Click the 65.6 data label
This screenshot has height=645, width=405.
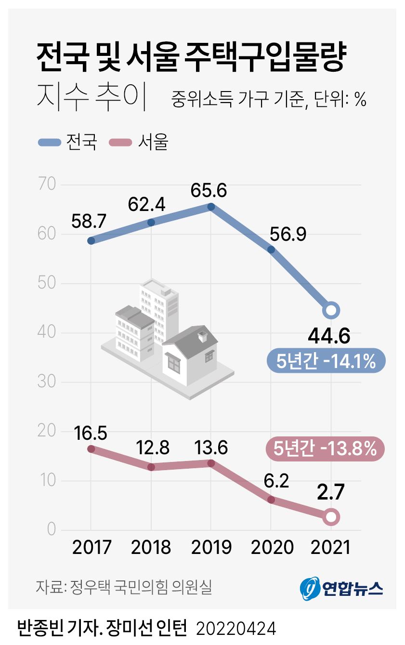[211, 190]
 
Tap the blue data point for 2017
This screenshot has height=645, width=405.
[91, 240]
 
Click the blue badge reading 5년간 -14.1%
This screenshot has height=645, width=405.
[326, 361]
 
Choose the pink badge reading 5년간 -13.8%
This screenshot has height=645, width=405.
[325, 449]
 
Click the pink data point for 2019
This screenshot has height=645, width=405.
[211, 463]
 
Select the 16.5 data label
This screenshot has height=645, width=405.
[91, 433]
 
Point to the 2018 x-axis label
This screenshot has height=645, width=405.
[151, 547]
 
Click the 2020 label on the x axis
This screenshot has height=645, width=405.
[271, 547]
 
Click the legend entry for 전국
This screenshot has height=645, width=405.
[68, 142]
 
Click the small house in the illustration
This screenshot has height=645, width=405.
[190, 354]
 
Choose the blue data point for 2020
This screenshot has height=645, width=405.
[271, 250]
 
